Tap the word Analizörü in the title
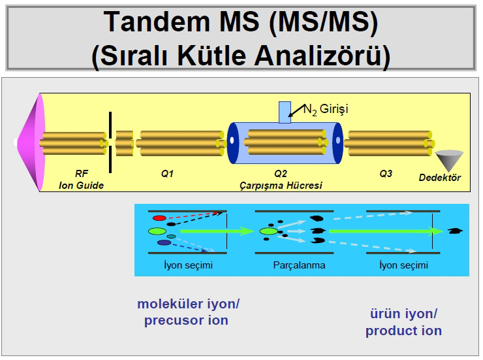[322, 56]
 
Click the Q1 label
[167, 174]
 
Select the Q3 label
[386, 174]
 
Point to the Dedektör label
[439, 178]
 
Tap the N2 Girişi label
[326, 109]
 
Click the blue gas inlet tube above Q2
[285, 112]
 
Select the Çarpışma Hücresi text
[281, 186]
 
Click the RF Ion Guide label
[82, 180]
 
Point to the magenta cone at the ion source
[31, 142]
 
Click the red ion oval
[159, 218]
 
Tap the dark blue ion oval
[164, 242]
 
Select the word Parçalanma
[299, 265]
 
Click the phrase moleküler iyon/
[188, 304]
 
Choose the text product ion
[403, 331]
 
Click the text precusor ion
[186, 320]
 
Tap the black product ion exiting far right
[455, 231]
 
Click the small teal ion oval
[171, 237]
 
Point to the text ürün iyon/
[403, 314]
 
